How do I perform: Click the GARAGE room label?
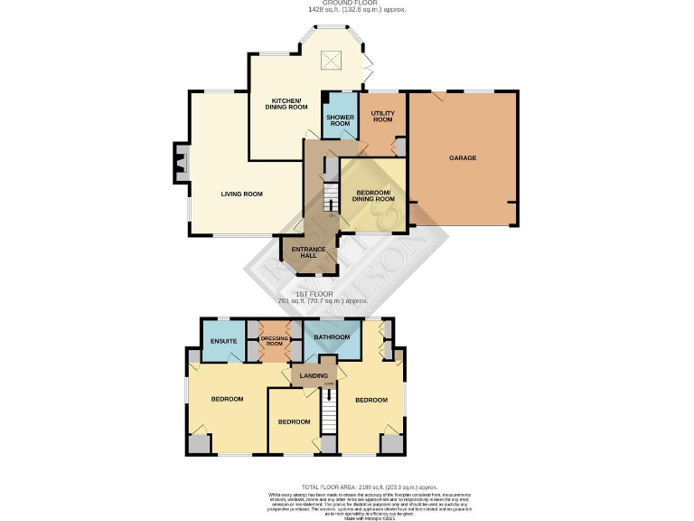[463, 158]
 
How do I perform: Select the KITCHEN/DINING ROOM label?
[286, 103]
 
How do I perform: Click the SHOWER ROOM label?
[340, 120]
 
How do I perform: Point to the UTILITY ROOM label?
[382, 117]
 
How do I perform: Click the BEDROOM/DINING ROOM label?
[372, 195]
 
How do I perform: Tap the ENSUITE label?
[223, 341]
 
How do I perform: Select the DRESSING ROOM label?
[274, 341]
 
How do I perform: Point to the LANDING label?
[314, 375]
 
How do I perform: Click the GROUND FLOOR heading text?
[346, 4]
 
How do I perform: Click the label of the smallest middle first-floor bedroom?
[294, 422]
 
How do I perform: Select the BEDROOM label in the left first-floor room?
[228, 399]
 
